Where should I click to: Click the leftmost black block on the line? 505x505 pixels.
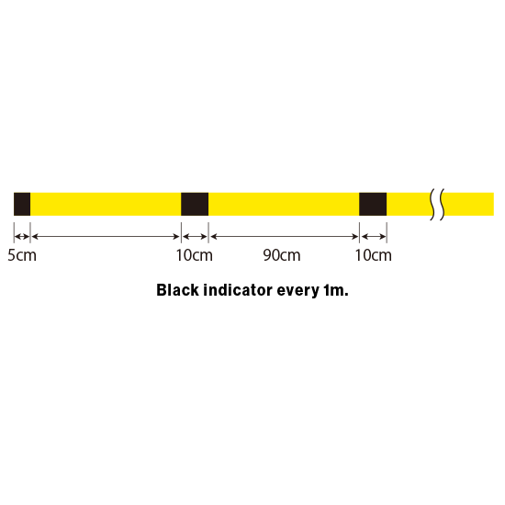click(x=22, y=204)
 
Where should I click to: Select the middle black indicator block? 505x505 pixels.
click(x=195, y=204)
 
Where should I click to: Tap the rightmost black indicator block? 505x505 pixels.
click(x=373, y=204)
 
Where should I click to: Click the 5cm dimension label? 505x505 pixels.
click(x=22, y=255)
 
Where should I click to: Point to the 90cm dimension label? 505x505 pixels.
click(x=282, y=255)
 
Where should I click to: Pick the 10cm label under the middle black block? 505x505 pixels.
click(x=195, y=255)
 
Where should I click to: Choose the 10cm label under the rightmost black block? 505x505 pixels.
click(x=374, y=255)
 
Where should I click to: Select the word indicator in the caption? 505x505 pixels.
click(x=238, y=290)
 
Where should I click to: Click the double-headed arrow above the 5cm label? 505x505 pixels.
click(x=22, y=237)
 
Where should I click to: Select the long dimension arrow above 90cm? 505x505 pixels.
click(x=284, y=237)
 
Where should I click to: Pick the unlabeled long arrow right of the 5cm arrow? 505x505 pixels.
click(x=106, y=237)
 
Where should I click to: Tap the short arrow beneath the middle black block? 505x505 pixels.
click(x=195, y=237)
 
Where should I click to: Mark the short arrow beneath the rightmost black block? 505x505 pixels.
click(x=374, y=237)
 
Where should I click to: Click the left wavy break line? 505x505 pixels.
click(x=432, y=204)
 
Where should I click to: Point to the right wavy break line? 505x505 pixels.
click(x=442, y=204)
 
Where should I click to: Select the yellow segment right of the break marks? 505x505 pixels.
click(x=468, y=204)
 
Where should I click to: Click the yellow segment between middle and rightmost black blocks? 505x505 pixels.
click(x=284, y=204)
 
